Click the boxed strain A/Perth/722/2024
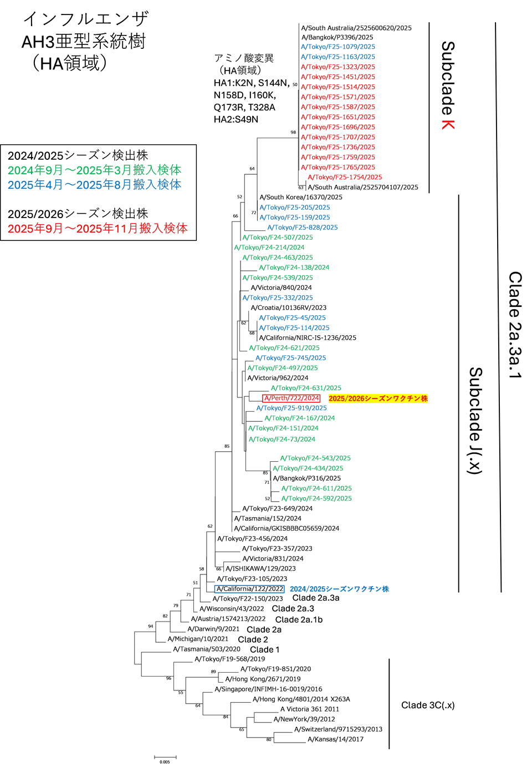click(291, 398)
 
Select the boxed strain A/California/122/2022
click(249, 589)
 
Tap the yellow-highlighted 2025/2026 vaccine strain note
click(378, 398)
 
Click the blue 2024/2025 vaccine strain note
click(339, 589)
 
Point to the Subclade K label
click(448, 85)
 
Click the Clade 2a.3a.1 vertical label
click(515, 325)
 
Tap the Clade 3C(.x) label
click(428, 705)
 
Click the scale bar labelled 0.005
click(165, 757)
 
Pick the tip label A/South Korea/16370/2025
click(301, 197)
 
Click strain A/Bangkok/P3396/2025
click(337, 37)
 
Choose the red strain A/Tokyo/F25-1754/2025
click(345, 177)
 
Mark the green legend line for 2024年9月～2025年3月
click(94, 170)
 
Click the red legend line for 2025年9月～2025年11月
click(98, 228)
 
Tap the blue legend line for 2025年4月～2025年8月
click(94, 184)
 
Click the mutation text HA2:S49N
click(236, 119)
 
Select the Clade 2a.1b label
click(299, 619)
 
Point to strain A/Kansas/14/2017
click(335, 739)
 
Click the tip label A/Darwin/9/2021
click(213, 629)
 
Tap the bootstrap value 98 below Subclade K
click(293, 132)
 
